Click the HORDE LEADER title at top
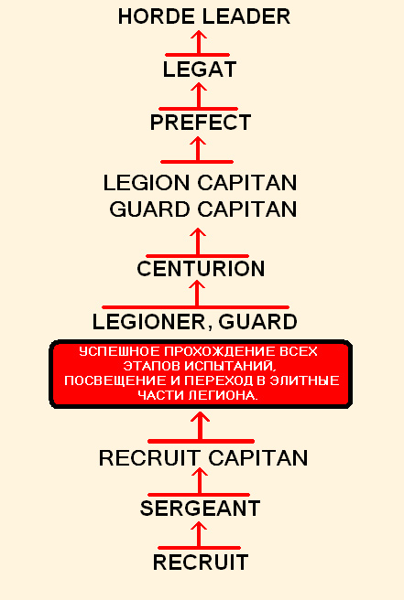click(204, 16)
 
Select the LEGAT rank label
click(200, 70)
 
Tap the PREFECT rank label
click(200, 123)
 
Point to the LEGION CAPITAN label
click(200, 183)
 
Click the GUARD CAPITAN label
click(203, 209)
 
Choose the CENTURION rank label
click(201, 269)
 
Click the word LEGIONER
click(148, 322)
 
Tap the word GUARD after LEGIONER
click(257, 322)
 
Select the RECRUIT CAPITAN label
click(203, 457)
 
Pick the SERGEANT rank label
click(200, 509)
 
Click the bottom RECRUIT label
click(201, 562)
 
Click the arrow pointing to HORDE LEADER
click(199, 43)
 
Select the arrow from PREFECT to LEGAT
click(199, 96)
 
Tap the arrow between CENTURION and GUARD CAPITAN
click(198, 241)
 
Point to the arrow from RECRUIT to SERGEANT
click(199, 535)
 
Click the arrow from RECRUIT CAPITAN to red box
click(200, 426)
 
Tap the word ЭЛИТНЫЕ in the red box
click(305, 380)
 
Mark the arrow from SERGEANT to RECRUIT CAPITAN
click(200, 481)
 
